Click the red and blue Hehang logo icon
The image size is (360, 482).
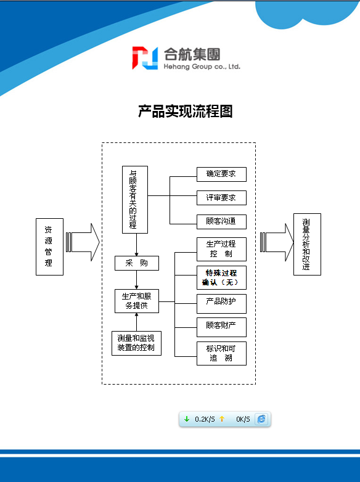coord(145,58)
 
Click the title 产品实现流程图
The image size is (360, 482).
coord(186,112)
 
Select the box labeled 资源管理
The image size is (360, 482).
coord(49,247)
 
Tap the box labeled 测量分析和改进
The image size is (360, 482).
coord(307,244)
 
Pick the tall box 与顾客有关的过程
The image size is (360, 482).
coord(135,200)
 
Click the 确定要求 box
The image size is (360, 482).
coord(221,174)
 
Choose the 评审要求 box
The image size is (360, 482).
coord(221,198)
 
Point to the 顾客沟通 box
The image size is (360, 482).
coord(221,222)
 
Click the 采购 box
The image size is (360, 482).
coord(137,263)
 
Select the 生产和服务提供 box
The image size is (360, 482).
coord(137,301)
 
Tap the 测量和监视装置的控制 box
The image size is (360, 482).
coord(136,343)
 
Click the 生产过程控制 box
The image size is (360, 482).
coord(221,249)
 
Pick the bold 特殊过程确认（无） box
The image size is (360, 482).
coord(221,277)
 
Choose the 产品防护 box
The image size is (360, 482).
coord(221,304)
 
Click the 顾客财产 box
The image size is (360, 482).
coord(221,327)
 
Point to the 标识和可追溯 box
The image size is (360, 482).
coord(221,354)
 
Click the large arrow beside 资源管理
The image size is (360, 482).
coord(83,242)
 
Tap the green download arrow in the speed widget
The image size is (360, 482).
coord(187,419)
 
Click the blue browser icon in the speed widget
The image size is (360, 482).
coord(261,419)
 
